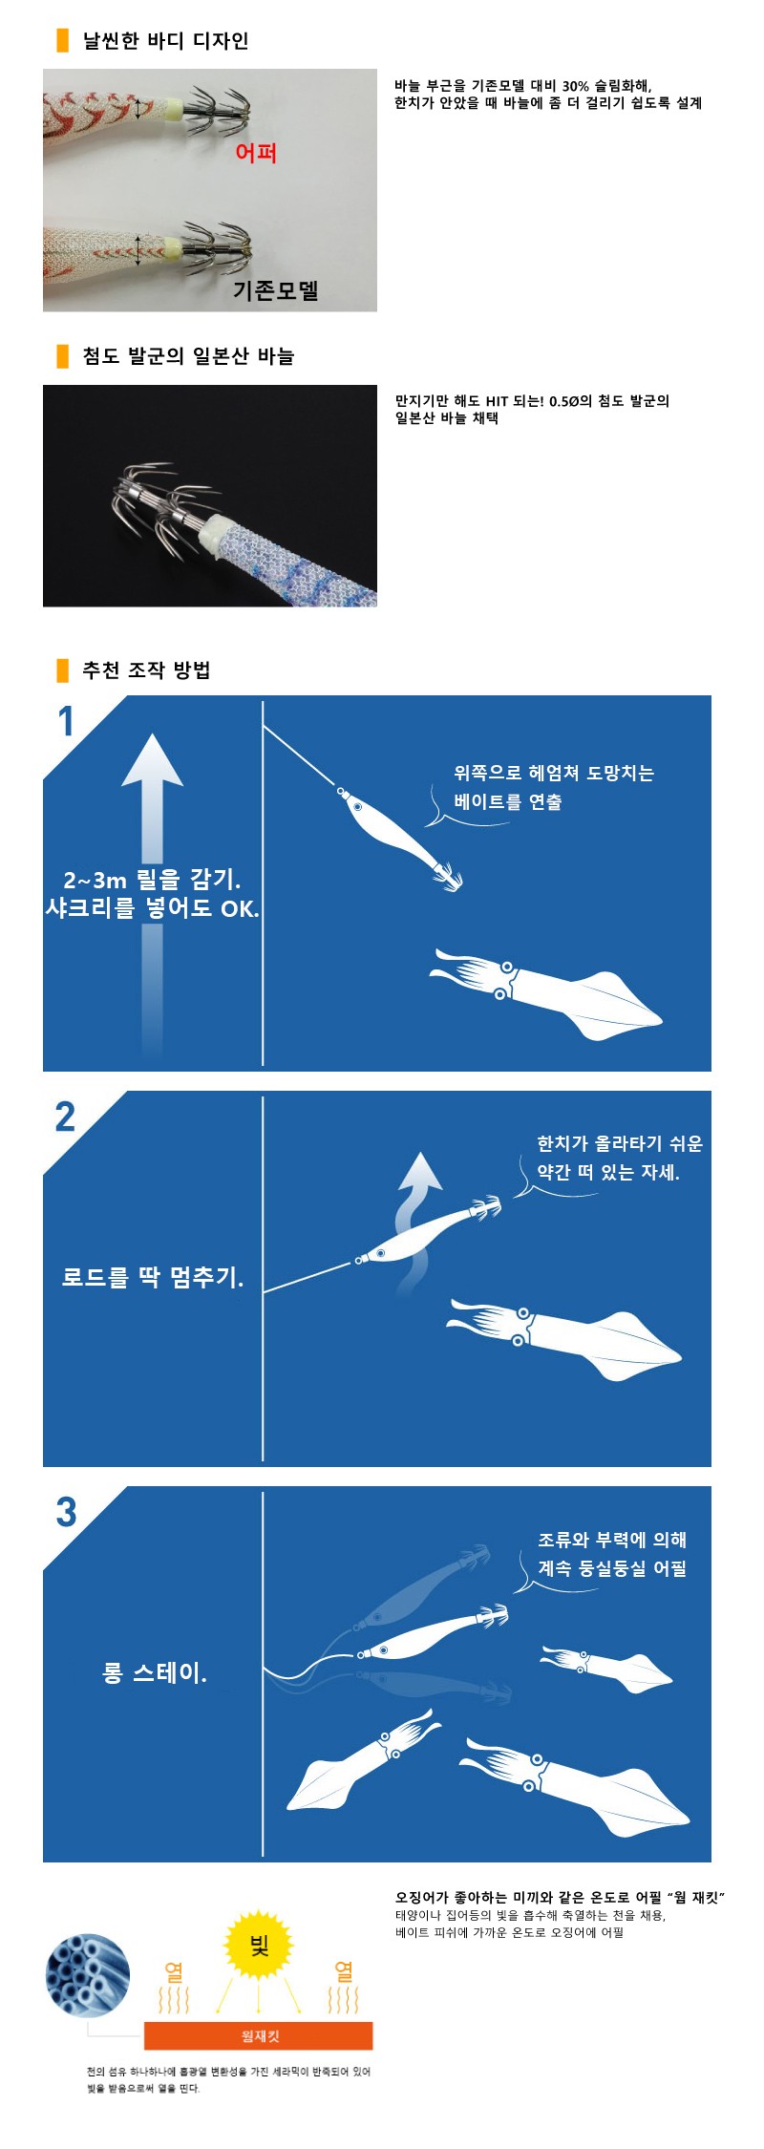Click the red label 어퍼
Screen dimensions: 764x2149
pos(256,153)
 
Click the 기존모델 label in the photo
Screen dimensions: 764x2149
pos(276,290)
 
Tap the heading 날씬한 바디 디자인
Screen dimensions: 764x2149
pos(165,41)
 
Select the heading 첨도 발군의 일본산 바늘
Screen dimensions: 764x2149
pos(188,356)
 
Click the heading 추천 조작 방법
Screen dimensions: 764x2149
pos(146,670)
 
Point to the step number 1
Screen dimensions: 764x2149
pos(66,721)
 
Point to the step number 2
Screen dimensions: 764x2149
pos(65,1117)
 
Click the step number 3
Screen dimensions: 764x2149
pos(66,1512)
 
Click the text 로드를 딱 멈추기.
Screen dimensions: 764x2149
pos(153,1277)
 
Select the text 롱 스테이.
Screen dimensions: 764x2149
pos(155,1672)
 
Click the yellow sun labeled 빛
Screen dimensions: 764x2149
pos(259,1947)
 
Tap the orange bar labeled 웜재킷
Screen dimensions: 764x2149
pos(259,2035)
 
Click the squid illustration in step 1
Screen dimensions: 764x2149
pos(545,995)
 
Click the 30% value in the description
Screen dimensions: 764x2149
pos(576,86)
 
